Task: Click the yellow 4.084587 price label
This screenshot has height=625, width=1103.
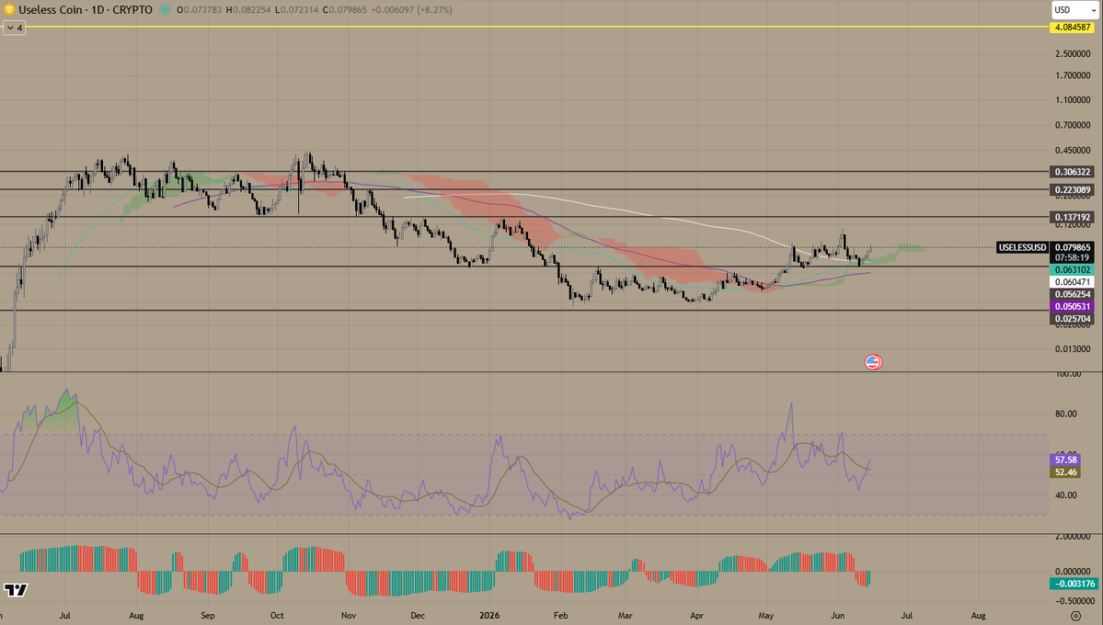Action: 1072,28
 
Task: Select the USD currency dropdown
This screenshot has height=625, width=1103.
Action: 1074,10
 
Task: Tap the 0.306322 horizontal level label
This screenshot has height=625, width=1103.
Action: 1072,172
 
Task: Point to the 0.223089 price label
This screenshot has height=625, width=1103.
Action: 1072,190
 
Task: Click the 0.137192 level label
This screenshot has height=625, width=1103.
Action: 1072,217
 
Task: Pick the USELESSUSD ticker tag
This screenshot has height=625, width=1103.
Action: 1022,247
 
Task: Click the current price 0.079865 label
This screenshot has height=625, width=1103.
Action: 1072,247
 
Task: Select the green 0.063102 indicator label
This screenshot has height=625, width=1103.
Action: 1072,270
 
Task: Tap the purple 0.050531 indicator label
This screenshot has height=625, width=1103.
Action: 1072,306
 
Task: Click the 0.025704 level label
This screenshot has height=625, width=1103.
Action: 1072,319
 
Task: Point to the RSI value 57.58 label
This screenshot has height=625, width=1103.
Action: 1065,460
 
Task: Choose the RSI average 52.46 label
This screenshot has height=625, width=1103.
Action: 1065,472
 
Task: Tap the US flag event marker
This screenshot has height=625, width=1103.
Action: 873,362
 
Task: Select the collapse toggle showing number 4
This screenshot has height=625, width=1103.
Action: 15,28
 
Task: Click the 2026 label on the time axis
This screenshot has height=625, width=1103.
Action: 488,615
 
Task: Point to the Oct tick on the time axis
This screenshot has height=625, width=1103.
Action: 277,615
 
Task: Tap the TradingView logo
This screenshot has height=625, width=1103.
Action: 16,590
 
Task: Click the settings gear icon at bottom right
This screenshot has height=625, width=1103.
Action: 1075,616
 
